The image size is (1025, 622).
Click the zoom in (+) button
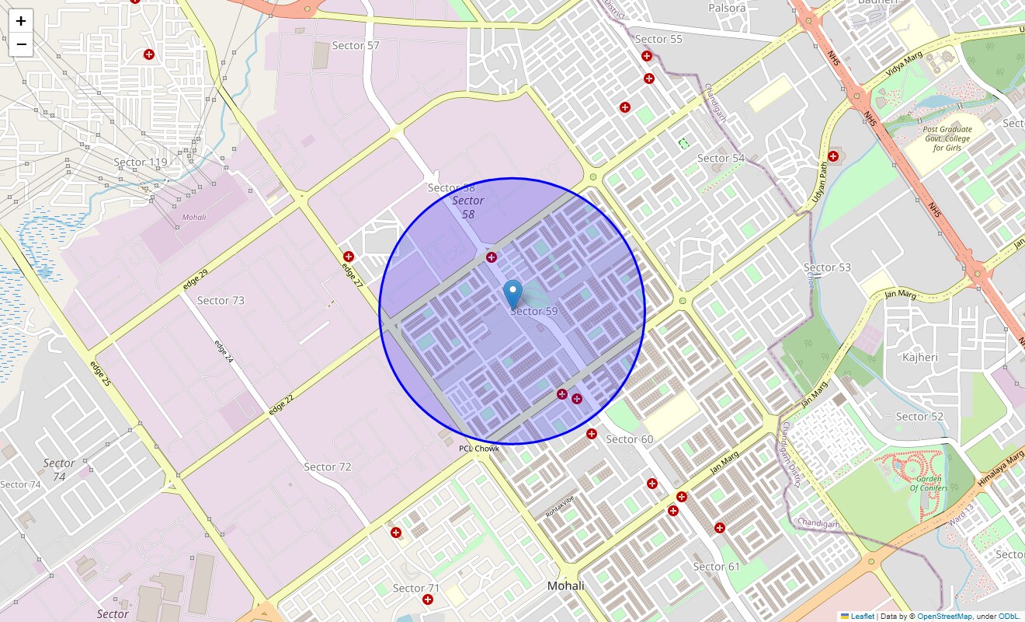pyautogui.click(x=21, y=21)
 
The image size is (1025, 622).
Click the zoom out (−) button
pyautogui.click(x=21, y=45)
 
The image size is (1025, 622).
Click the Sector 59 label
pyautogui.click(x=534, y=311)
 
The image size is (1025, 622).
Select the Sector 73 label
pyautogui.click(x=221, y=300)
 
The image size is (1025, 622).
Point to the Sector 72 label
pyautogui.click(x=327, y=466)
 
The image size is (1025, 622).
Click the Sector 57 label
pyautogui.click(x=356, y=45)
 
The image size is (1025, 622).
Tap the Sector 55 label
pyautogui.click(x=658, y=39)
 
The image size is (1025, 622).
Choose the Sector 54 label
pyautogui.click(x=721, y=158)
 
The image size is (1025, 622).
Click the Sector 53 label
pyautogui.click(x=827, y=267)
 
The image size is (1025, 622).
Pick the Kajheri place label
pyautogui.click(x=920, y=357)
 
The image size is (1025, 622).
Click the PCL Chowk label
pyautogui.click(x=479, y=449)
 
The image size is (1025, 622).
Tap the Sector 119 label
pyautogui.click(x=141, y=162)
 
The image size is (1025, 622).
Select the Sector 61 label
pyautogui.click(x=716, y=566)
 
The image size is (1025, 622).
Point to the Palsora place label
pyautogui.click(x=727, y=8)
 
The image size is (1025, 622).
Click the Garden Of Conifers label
pyautogui.click(x=929, y=483)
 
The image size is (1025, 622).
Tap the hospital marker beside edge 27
pyautogui.click(x=349, y=257)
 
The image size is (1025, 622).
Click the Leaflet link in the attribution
pyautogui.click(x=862, y=616)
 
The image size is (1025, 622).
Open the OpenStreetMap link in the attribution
pyautogui.click(x=944, y=616)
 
